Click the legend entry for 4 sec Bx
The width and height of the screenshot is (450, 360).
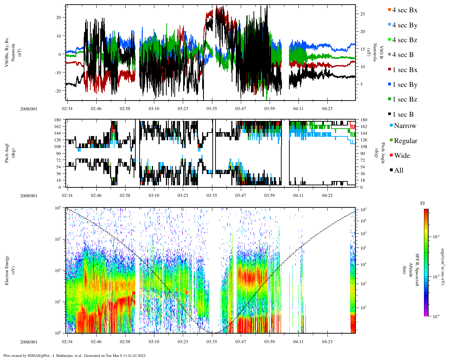(x=404, y=10)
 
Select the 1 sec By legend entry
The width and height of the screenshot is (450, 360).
(x=404, y=85)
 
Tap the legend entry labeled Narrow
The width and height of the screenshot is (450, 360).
(x=405, y=126)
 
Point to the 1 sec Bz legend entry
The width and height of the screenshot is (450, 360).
(x=404, y=99)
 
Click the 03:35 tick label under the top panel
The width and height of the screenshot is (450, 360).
(x=212, y=109)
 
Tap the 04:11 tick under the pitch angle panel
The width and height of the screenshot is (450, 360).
(x=298, y=195)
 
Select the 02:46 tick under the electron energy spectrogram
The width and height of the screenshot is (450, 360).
(x=96, y=342)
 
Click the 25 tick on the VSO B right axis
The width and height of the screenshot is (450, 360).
(x=362, y=14)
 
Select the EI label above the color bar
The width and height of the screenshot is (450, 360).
(x=423, y=203)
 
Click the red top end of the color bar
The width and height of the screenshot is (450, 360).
(x=426, y=211)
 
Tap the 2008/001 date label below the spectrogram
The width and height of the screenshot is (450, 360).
(x=28, y=342)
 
